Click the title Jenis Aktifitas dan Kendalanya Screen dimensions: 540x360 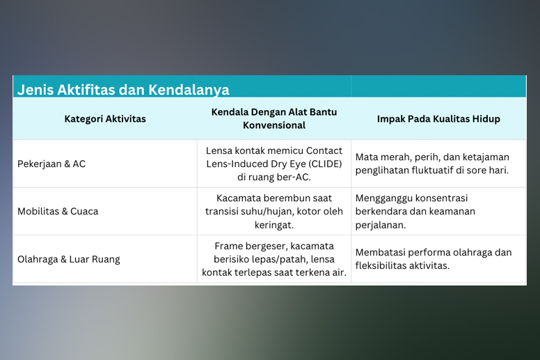123,90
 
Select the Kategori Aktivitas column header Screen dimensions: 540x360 105,119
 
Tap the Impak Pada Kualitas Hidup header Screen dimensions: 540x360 438,119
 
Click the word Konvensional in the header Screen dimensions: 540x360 274,125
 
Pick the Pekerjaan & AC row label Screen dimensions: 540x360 51,164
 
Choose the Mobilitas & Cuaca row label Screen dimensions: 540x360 58,211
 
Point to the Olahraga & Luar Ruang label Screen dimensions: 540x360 69,259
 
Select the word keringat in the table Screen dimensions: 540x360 274,226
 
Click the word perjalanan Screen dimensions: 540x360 381,226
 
